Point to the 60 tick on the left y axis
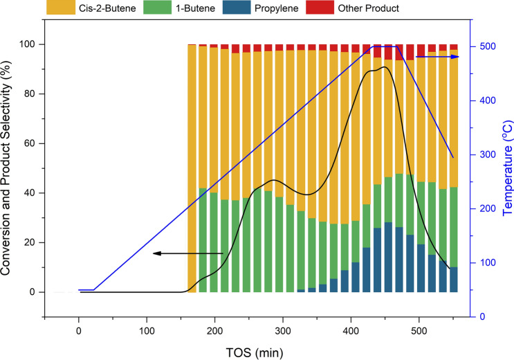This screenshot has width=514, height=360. click(31, 143)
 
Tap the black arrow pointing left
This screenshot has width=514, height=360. click(187, 253)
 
